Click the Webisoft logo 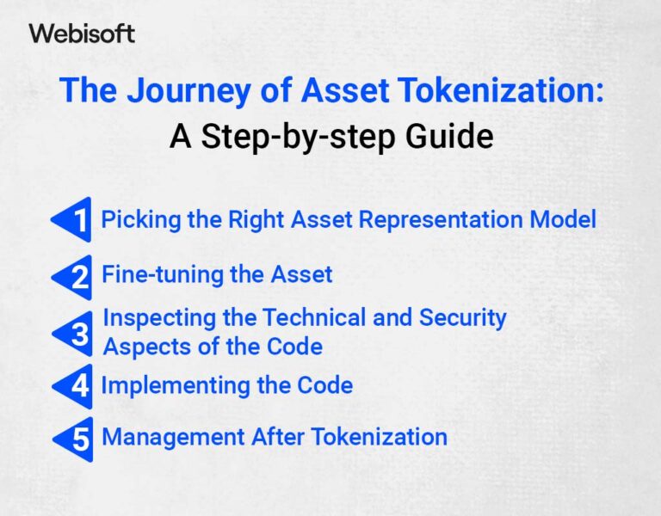pos(82,34)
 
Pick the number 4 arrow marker pos(71,385)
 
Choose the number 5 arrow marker pos(71,439)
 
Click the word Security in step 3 pos(463,317)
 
